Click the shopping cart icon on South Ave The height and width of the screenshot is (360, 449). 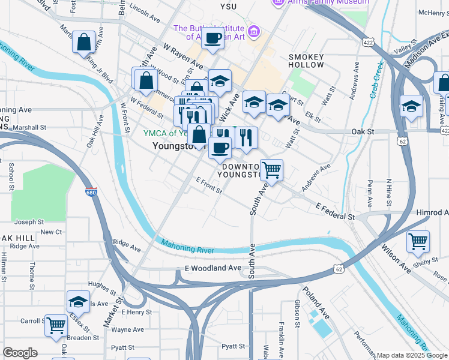[x=271, y=170]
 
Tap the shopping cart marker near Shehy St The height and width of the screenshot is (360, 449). [x=418, y=242]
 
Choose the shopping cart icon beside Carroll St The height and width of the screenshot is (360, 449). [x=56, y=326]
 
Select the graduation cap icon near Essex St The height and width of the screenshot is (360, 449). [x=78, y=302]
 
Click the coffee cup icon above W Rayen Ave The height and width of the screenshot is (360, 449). [x=212, y=39]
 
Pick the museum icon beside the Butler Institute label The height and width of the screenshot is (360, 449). [x=253, y=30]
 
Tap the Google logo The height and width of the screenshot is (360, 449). [x=20, y=353]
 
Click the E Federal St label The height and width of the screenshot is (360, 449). [x=335, y=211]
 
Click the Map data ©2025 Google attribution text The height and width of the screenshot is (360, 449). [x=412, y=355]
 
